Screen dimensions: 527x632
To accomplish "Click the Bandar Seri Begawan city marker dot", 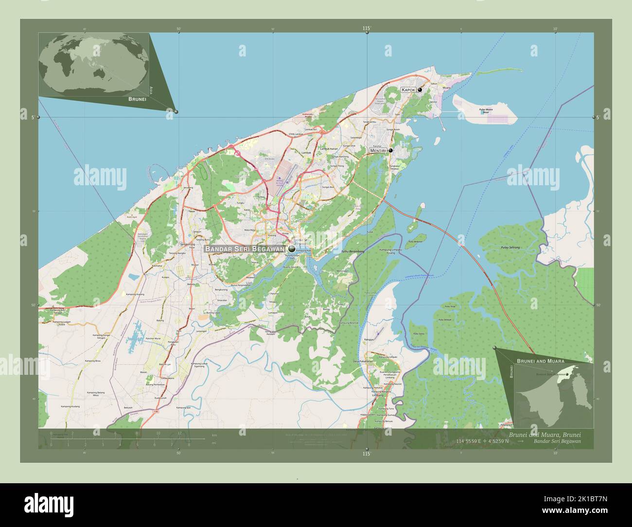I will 292,249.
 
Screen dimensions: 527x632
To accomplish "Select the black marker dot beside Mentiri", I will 390,151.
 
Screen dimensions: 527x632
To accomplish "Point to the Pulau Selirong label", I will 510,247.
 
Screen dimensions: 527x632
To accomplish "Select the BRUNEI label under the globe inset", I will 137,99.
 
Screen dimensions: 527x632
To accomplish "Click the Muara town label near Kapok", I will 446,88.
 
